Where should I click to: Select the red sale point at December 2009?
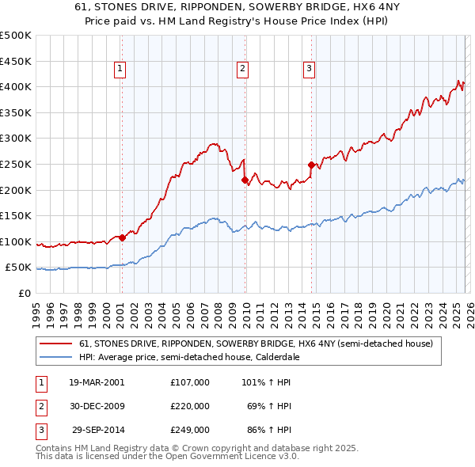(x=245, y=180)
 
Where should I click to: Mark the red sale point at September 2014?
(x=311, y=165)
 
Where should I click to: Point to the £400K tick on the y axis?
(x=16, y=86)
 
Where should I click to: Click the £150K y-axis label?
(x=16, y=215)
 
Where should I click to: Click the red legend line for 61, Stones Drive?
(x=55, y=344)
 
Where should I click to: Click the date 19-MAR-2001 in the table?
(x=97, y=382)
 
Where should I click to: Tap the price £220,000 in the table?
(x=190, y=406)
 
